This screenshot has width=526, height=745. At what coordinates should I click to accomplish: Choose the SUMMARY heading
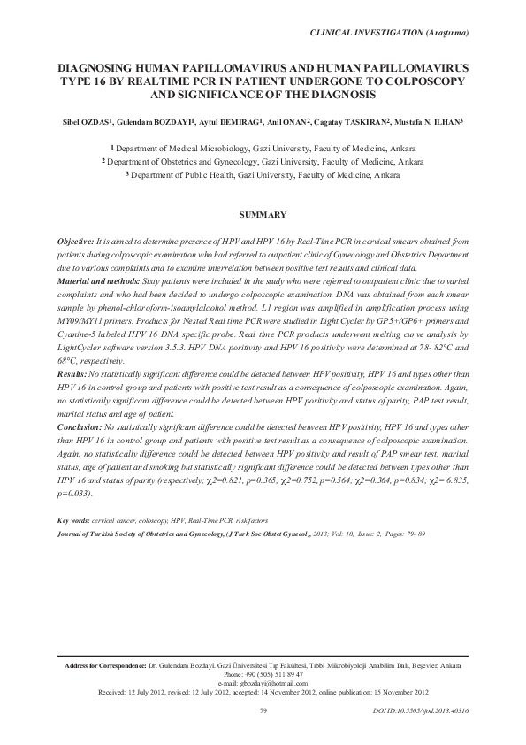click(x=263, y=215)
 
